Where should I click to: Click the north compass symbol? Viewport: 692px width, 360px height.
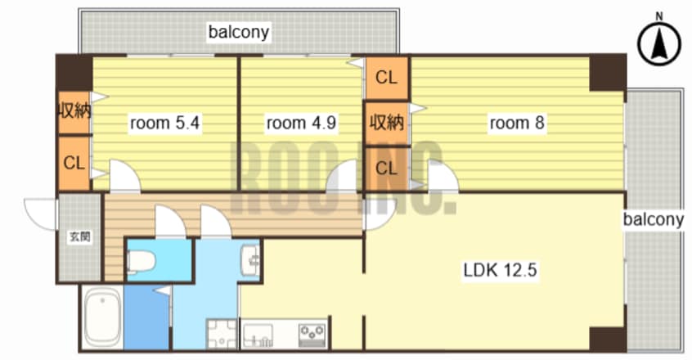point(659,43)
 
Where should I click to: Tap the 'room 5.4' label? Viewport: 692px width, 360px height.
point(165,123)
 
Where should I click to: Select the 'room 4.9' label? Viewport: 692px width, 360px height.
point(302,123)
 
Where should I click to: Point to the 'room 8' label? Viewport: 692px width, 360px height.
point(517,123)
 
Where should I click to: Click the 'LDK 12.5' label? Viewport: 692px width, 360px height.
point(500,269)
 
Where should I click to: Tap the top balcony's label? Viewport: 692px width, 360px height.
point(238,32)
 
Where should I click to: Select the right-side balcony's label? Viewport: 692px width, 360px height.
point(654,219)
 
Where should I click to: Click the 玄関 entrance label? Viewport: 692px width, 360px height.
point(80,237)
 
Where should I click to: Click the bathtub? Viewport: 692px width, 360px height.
point(102,317)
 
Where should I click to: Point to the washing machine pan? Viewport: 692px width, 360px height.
point(222,334)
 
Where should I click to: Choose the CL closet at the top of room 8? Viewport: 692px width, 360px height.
point(387,78)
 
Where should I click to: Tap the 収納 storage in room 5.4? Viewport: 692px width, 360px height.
point(74,112)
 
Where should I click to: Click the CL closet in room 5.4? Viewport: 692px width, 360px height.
point(74,164)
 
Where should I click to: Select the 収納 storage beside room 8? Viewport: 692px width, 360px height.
point(387,123)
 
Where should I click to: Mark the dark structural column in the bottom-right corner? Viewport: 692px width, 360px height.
point(608,339)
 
